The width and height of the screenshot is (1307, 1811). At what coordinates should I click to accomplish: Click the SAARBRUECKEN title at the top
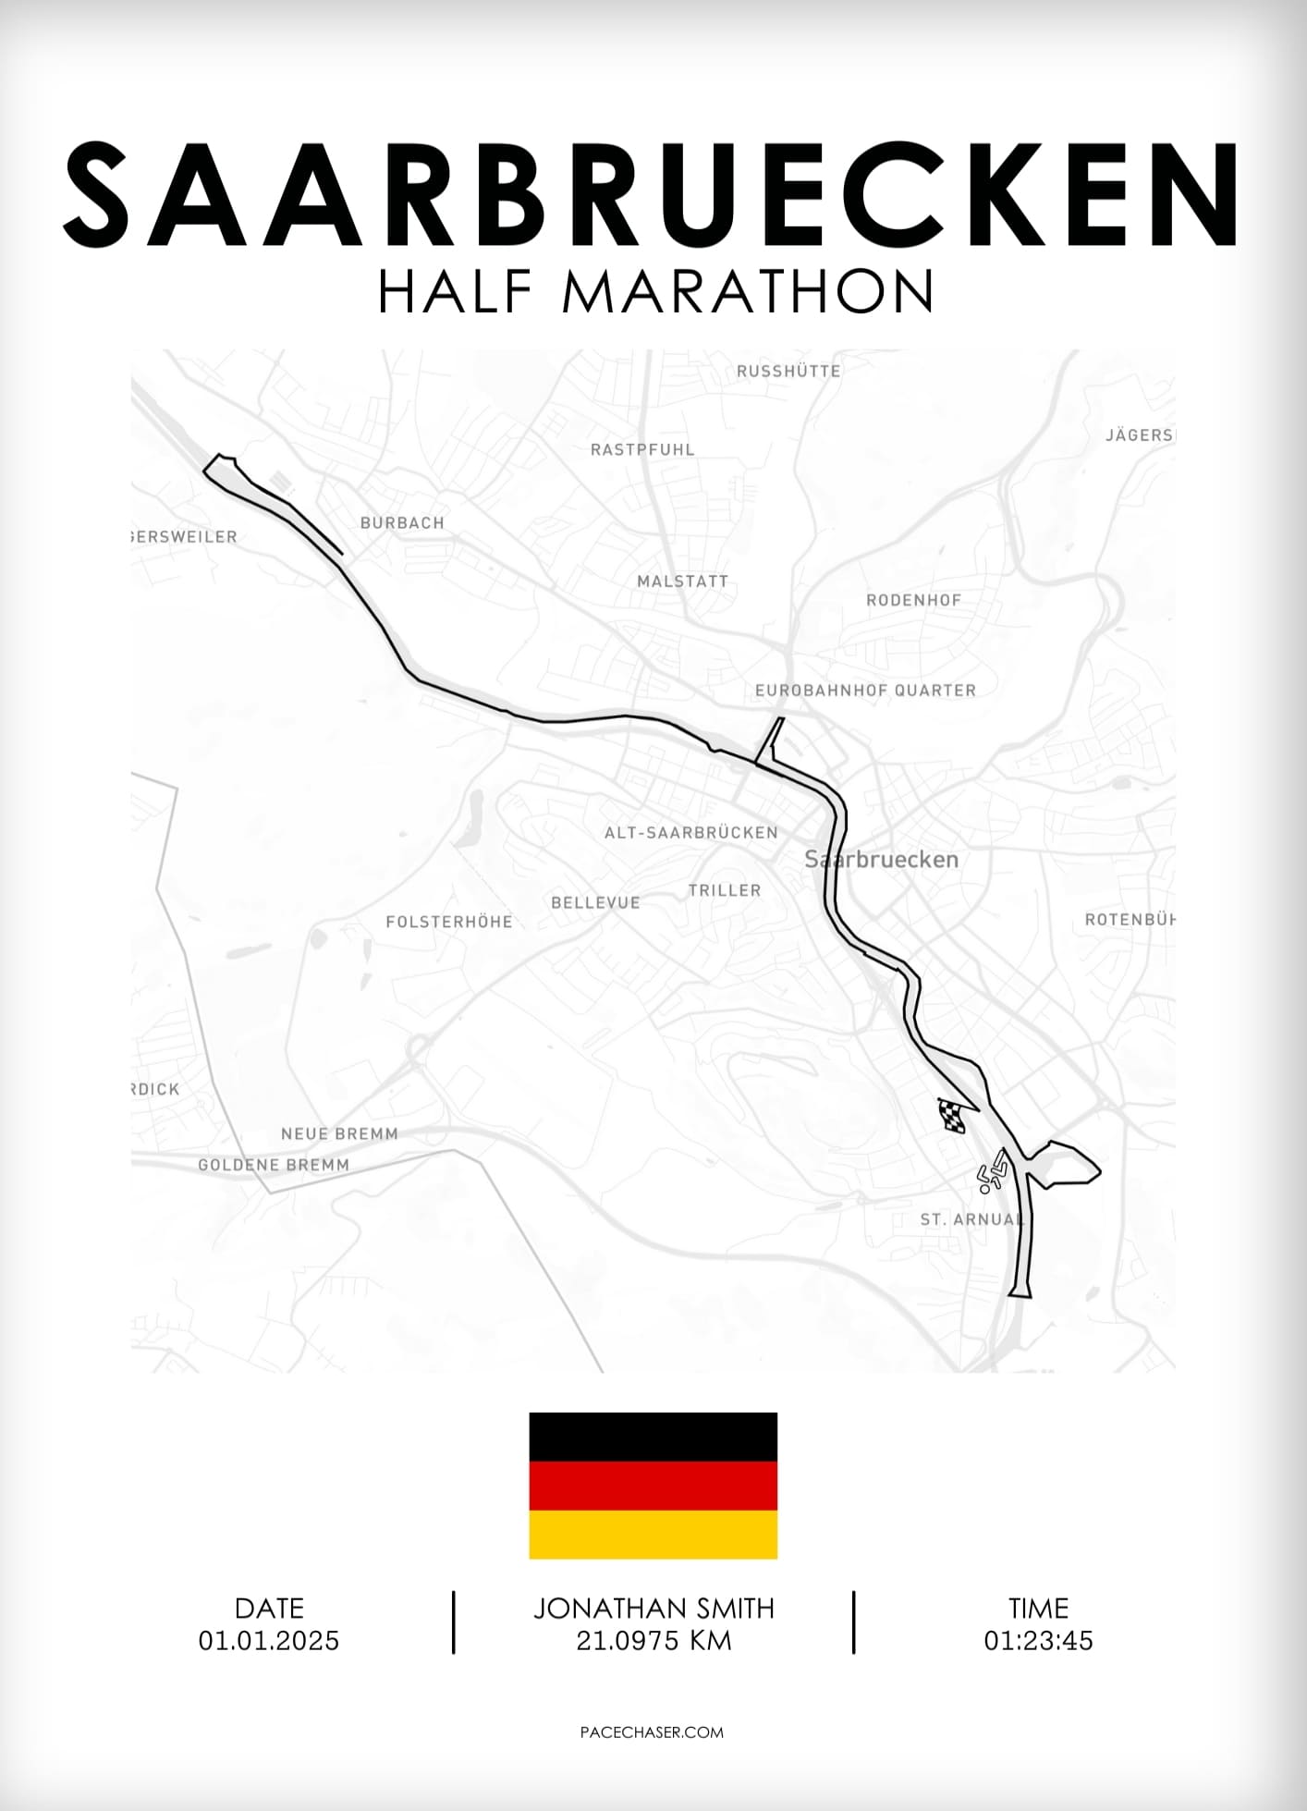point(653,194)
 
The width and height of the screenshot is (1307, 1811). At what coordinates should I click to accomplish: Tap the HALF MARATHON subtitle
point(654,291)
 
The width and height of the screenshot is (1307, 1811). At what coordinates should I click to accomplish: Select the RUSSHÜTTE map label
point(788,372)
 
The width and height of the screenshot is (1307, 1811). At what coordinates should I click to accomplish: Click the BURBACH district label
point(402,523)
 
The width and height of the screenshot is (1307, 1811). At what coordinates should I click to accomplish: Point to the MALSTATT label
point(683,581)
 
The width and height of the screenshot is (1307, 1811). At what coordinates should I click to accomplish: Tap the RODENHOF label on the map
point(913,600)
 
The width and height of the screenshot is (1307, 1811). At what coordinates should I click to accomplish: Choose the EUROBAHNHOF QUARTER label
point(865,691)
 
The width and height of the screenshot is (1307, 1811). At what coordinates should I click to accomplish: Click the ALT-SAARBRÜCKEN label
point(691,833)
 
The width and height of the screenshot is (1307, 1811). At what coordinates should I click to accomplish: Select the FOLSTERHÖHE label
point(449,922)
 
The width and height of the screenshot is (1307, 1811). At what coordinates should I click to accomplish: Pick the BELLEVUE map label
point(595,902)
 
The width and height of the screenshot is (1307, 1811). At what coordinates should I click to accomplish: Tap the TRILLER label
point(725,890)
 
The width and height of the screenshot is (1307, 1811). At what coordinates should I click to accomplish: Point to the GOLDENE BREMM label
point(274,1165)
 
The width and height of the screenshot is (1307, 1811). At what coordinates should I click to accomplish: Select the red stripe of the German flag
point(653,1486)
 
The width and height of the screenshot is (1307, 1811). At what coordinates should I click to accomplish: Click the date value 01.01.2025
point(269,1641)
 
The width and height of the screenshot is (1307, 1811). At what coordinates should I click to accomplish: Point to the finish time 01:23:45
point(1038,1641)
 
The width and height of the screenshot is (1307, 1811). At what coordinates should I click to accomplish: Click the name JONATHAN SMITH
point(653,1609)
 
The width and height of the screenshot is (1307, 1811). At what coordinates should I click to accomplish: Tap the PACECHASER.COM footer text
point(653,1732)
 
